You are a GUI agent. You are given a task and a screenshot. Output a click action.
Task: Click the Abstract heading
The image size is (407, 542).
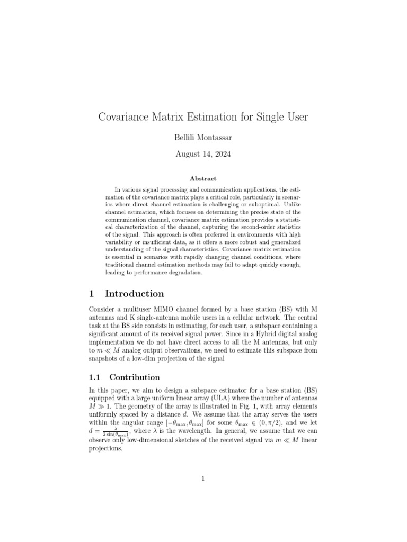point(203,179)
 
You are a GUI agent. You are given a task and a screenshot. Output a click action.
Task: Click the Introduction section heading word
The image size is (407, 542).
point(134,294)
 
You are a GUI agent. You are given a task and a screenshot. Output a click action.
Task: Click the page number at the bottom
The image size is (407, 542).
point(203,479)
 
